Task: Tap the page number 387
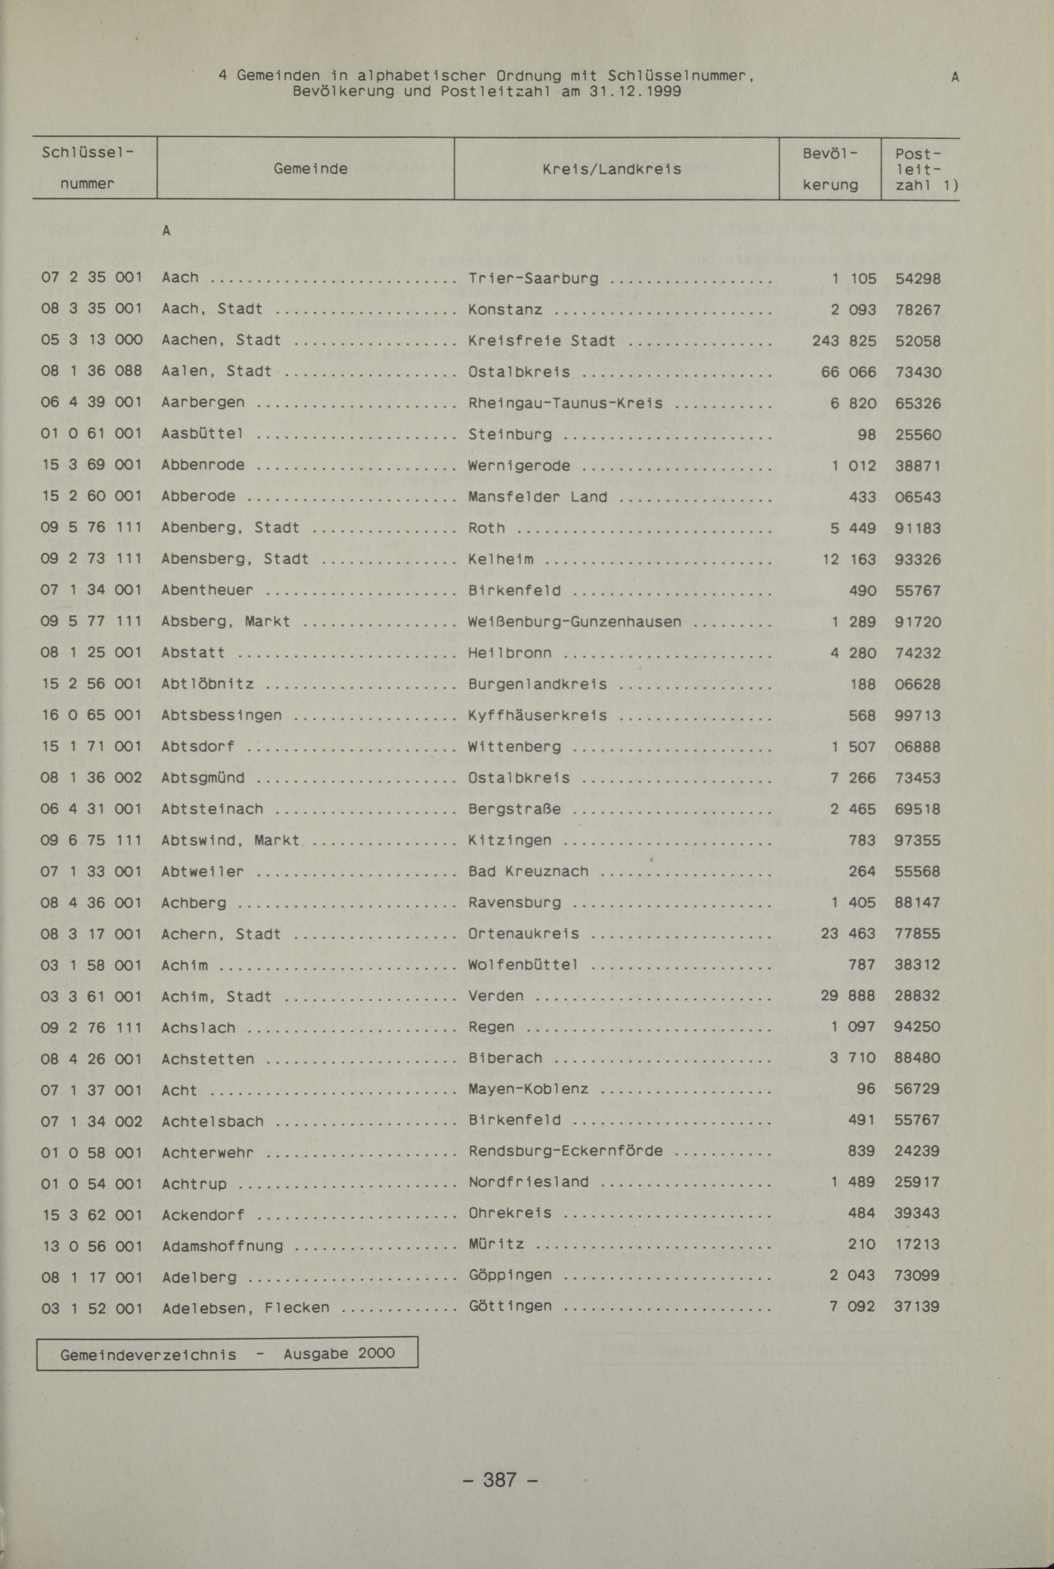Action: (x=500, y=1479)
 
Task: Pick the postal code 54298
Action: (x=918, y=278)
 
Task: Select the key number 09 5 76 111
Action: (x=91, y=528)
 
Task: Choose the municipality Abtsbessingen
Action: (x=221, y=715)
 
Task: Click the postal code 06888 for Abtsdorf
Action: (x=918, y=746)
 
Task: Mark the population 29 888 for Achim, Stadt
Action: (x=848, y=995)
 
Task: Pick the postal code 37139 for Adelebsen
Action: (x=918, y=1306)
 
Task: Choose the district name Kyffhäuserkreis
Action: (x=537, y=715)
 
